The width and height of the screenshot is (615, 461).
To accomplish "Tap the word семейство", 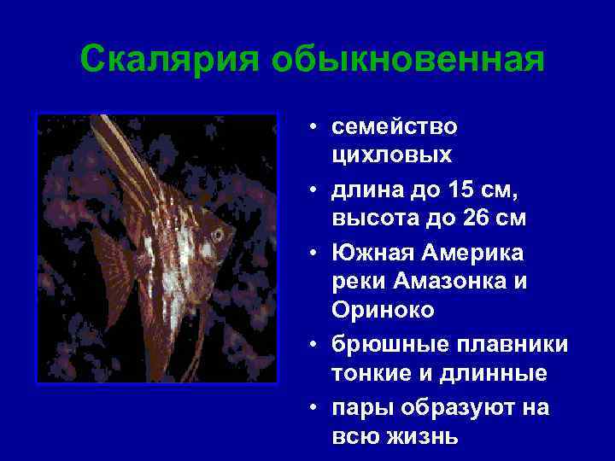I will coord(395,127).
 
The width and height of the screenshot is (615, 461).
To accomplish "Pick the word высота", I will coord(372,219).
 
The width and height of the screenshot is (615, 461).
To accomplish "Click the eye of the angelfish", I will coord(220,232).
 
